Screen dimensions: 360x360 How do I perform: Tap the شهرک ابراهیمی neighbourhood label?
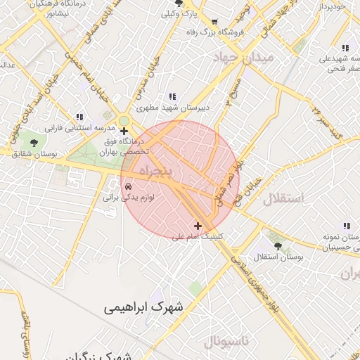click(146, 307)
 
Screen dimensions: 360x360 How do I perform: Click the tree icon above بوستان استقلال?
click(278, 247)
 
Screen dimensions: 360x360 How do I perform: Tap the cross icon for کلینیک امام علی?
click(198, 226)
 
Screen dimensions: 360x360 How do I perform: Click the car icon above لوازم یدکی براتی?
click(129, 187)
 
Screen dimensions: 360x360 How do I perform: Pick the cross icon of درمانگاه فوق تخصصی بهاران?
click(124, 131)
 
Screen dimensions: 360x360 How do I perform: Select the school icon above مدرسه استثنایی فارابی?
click(79, 117)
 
